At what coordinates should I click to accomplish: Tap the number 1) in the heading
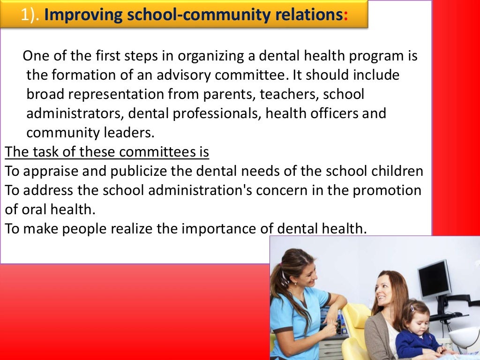coord(30,15)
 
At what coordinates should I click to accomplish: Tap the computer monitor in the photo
coord(434,278)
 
